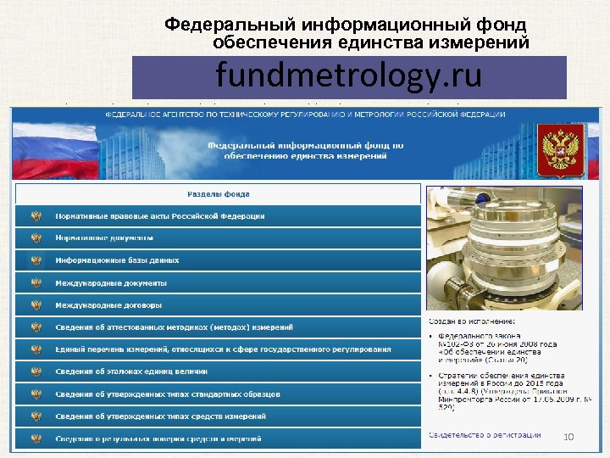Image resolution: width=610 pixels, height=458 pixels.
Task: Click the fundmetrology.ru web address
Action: point(348,76)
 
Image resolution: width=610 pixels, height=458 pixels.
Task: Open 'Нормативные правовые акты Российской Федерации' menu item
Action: point(160,216)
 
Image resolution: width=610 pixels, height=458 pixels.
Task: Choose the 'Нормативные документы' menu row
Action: point(104,238)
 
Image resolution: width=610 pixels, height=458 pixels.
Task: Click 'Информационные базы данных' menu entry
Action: point(117,260)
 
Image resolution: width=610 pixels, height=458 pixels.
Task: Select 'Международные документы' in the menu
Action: point(111,282)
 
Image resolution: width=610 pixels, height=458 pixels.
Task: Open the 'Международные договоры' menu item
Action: point(108,304)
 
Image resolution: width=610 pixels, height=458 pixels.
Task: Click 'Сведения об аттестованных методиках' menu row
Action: point(174,327)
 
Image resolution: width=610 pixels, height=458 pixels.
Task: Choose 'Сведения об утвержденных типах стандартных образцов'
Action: point(167,394)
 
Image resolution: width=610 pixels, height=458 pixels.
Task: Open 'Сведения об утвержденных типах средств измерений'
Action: point(160,416)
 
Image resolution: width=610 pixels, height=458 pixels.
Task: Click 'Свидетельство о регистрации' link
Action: point(484,435)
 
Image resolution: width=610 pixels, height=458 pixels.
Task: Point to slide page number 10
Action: point(568,436)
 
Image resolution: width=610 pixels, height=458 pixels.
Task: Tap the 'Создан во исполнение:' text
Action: point(471,323)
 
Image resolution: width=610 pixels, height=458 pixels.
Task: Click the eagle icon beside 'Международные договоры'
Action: point(36,304)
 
